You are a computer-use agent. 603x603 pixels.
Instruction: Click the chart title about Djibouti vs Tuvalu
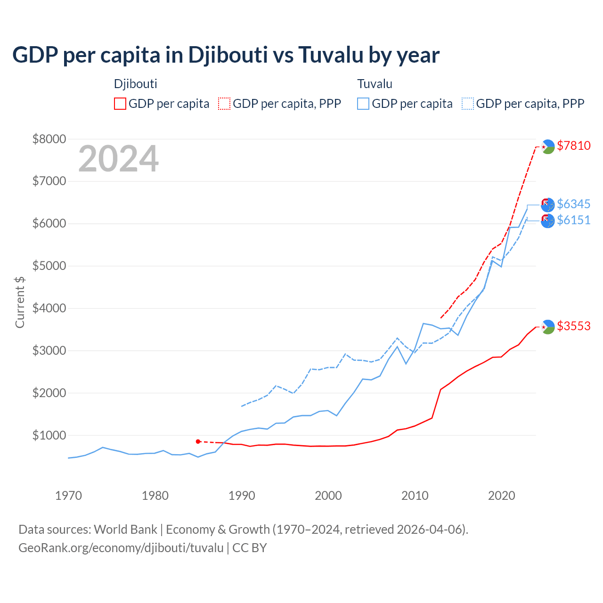[x=226, y=55]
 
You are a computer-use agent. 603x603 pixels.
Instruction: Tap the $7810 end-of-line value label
[x=573, y=146]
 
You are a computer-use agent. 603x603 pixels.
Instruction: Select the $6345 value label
[x=573, y=204]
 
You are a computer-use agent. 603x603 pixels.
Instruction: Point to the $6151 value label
[x=573, y=220]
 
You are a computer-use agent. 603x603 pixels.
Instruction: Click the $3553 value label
[x=573, y=326]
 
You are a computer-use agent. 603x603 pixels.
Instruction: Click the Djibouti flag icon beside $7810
[x=548, y=147]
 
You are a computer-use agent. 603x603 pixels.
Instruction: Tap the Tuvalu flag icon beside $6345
[x=548, y=204]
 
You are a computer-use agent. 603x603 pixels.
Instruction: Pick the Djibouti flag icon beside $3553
[x=548, y=326]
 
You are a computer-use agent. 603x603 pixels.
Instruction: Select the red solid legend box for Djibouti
[x=120, y=104]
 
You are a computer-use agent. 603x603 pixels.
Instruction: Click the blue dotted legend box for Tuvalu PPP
[x=468, y=104]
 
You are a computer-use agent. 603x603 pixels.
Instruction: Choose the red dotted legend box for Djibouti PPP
[x=224, y=104]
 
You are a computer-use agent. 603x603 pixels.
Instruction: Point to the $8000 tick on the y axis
[x=49, y=139]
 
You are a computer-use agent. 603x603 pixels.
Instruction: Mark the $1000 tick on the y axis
[x=49, y=435]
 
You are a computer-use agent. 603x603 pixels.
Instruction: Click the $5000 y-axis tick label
[x=49, y=266]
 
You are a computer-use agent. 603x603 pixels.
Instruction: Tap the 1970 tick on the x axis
[x=69, y=496]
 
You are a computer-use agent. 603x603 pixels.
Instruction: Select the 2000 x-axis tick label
[x=328, y=496]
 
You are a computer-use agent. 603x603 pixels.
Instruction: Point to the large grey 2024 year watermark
[x=118, y=159]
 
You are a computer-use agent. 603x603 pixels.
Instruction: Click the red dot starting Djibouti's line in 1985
[x=198, y=441]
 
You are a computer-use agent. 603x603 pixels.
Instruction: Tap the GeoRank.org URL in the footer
[x=121, y=548]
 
